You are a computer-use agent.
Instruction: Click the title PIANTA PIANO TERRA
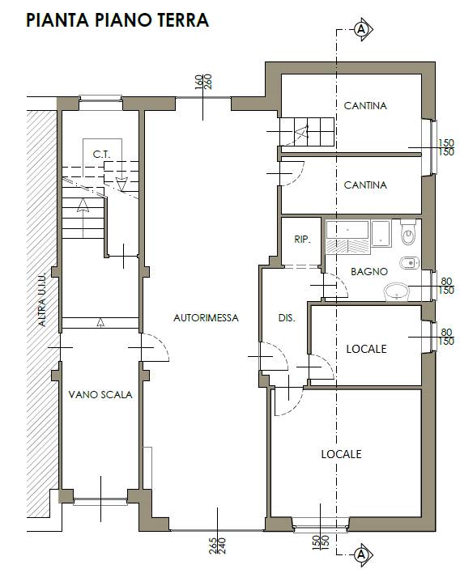pyautogui.click(x=117, y=20)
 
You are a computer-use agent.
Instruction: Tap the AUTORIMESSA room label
pyautogui.click(x=206, y=317)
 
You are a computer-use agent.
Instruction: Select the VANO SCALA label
pyautogui.click(x=100, y=395)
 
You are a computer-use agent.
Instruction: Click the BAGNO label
pyautogui.click(x=369, y=272)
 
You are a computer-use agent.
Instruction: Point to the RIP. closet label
pyautogui.click(x=302, y=240)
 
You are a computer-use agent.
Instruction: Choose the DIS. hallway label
pyautogui.click(x=287, y=318)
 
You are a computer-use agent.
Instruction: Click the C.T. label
pyautogui.click(x=102, y=155)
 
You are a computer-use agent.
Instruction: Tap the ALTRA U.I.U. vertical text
pyautogui.click(x=42, y=299)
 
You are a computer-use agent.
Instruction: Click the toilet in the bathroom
pyautogui.click(x=408, y=232)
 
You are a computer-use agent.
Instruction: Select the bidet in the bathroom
pyautogui.click(x=409, y=263)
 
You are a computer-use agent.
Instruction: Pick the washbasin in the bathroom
pyautogui.click(x=397, y=292)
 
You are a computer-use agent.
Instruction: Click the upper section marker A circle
pyautogui.click(x=361, y=29)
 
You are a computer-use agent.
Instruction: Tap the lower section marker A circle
pyautogui.click(x=361, y=554)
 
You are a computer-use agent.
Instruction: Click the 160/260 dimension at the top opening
pyautogui.click(x=203, y=82)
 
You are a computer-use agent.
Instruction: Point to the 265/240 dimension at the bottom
pyautogui.click(x=218, y=546)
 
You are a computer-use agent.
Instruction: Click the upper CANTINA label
pyautogui.click(x=365, y=106)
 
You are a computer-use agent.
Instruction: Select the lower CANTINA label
pyautogui.click(x=365, y=185)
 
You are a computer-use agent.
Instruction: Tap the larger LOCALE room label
pyautogui.click(x=342, y=454)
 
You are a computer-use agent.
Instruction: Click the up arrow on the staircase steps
pyautogui.click(x=83, y=218)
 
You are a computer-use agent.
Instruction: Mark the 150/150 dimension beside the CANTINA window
pyautogui.click(x=445, y=147)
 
